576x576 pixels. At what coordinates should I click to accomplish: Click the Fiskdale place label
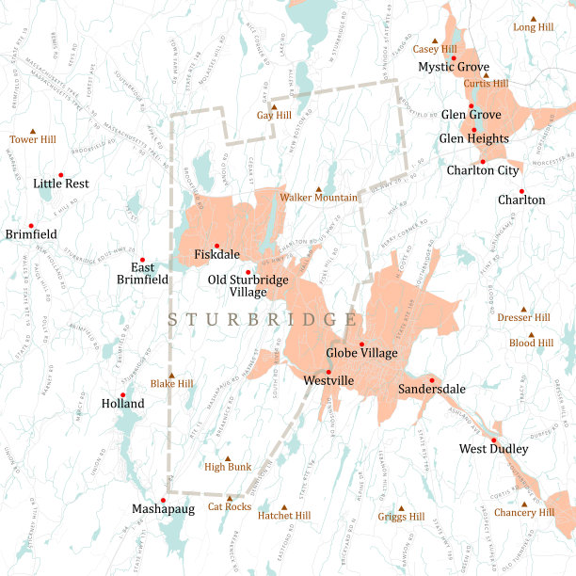pos(216,255)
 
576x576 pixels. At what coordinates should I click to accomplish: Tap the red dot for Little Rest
pos(61,174)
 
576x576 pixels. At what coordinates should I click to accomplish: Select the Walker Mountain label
pos(318,198)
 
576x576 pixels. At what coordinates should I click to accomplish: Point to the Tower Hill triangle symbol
pos(34,130)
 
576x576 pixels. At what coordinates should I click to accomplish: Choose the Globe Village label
pos(361,353)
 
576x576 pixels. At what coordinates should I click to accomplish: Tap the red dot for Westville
pos(328,372)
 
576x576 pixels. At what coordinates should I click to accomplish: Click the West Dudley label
pos(493,449)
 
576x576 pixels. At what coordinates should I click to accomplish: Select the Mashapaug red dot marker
pos(164,500)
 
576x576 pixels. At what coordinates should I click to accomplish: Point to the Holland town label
pos(122,404)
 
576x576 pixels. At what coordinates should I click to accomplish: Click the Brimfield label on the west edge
pos(31,233)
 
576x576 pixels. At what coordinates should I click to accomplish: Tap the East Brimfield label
pos(142,273)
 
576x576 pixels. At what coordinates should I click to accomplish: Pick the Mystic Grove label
pos(454,67)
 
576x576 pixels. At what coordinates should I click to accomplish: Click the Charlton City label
pos(482,170)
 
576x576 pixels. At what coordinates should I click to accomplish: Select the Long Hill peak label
pos(533,27)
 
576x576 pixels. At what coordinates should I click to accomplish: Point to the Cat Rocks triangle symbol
pos(229,497)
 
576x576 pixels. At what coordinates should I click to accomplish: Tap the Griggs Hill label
pos(401,517)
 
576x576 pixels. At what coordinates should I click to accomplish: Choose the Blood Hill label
pos(531,344)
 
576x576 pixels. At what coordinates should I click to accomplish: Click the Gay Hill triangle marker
pos(274,105)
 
